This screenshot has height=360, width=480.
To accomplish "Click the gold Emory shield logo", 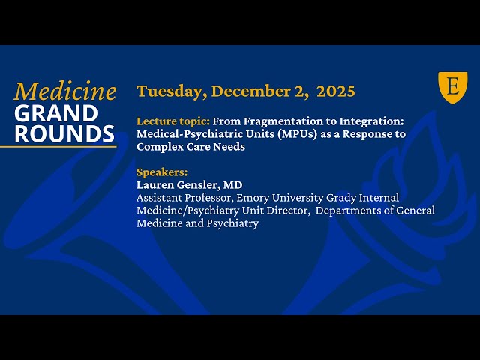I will click(x=452, y=87).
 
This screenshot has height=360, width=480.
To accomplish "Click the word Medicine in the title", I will click(x=65, y=91).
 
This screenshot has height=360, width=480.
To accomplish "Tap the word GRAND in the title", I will click(x=55, y=113).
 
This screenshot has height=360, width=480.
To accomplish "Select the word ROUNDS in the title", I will click(x=64, y=133).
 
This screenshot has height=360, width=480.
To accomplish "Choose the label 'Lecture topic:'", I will click(x=173, y=121).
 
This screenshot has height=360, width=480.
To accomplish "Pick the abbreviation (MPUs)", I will click(x=291, y=134).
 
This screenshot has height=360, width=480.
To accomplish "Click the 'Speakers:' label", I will click(x=162, y=172).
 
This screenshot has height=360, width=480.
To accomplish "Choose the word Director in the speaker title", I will click(x=287, y=211).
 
